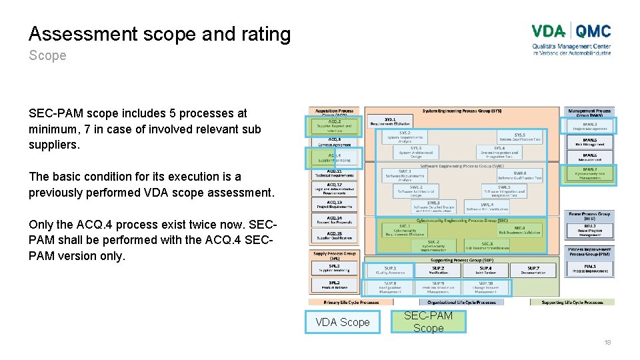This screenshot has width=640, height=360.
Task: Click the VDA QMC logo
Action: pyautogui.click(x=571, y=39)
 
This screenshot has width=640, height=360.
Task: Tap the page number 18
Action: pyautogui.click(x=607, y=342)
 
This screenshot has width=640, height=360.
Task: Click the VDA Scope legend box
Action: pyautogui.click(x=342, y=322)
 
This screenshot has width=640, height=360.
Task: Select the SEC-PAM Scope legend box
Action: pyautogui.click(x=428, y=322)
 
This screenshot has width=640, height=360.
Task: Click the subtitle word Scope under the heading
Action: pyautogui.click(x=47, y=55)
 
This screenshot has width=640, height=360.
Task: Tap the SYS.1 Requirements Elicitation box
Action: pyautogui.click(x=390, y=121)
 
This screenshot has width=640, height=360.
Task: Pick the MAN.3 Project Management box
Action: pyautogui.click(x=589, y=125)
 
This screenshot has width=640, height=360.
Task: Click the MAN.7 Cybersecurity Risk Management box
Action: pyautogui.click(x=589, y=173)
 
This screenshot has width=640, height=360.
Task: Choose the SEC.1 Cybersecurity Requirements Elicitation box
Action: pyautogui.click(x=404, y=230)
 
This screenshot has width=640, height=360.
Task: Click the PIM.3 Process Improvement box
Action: pyautogui.click(x=589, y=269)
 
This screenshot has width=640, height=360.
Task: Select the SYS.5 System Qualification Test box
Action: pyautogui.click(x=519, y=137)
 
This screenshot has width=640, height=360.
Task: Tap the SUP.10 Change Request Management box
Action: pyautogui.click(x=486, y=287)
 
